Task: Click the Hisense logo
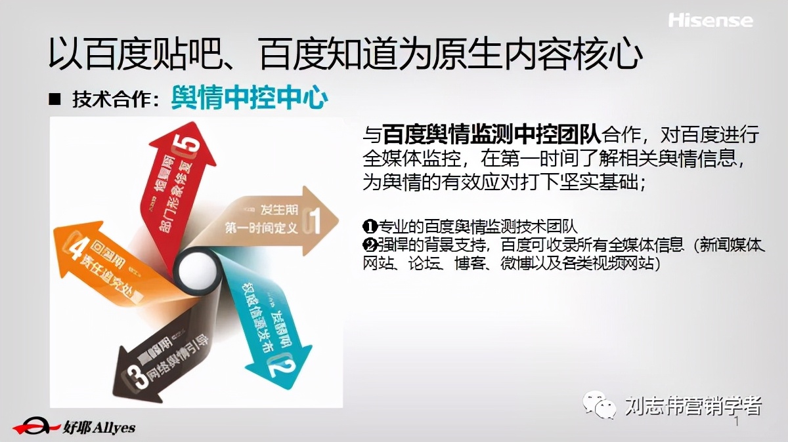pyautogui.click(x=711, y=20)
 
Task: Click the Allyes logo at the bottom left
pyautogui.click(x=74, y=427)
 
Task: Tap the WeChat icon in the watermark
pyautogui.click(x=601, y=405)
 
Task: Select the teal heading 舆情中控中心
pyautogui.click(x=249, y=99)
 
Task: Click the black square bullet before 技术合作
pyautogui.click(x=55, y=100)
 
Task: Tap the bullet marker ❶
pyautogui.click(x=368, y=227)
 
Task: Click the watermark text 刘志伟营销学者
pyautogui.click(x=692, y=405)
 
